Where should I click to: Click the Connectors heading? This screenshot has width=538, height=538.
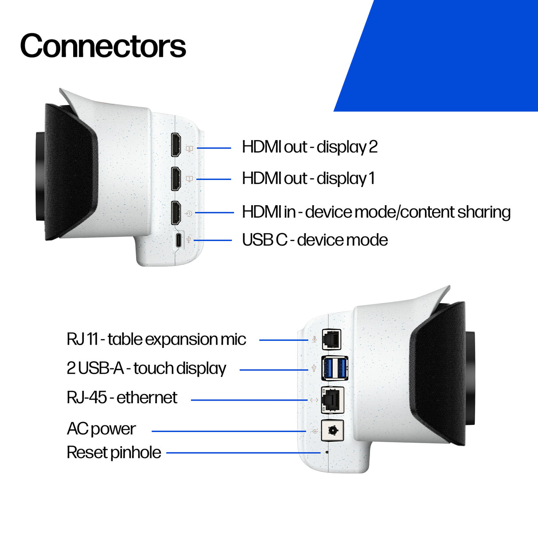103,46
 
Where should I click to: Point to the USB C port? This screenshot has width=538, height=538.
178,240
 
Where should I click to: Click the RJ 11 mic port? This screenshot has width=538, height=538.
331,339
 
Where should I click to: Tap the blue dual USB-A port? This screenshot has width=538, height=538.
335,368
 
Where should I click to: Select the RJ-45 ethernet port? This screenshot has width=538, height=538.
332,400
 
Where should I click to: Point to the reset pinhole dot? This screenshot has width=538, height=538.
327,452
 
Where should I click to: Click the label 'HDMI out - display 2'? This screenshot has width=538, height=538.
309,147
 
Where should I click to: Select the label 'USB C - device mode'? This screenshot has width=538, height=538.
315,240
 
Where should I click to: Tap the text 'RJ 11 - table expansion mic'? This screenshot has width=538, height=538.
156,339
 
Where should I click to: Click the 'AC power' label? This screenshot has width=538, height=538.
101,429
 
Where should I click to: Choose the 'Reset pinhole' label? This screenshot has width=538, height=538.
114,452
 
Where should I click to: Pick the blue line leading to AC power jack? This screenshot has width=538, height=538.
228,431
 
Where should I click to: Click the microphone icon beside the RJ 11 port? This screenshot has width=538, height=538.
314,339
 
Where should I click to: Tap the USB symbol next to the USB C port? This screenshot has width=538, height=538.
189,240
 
